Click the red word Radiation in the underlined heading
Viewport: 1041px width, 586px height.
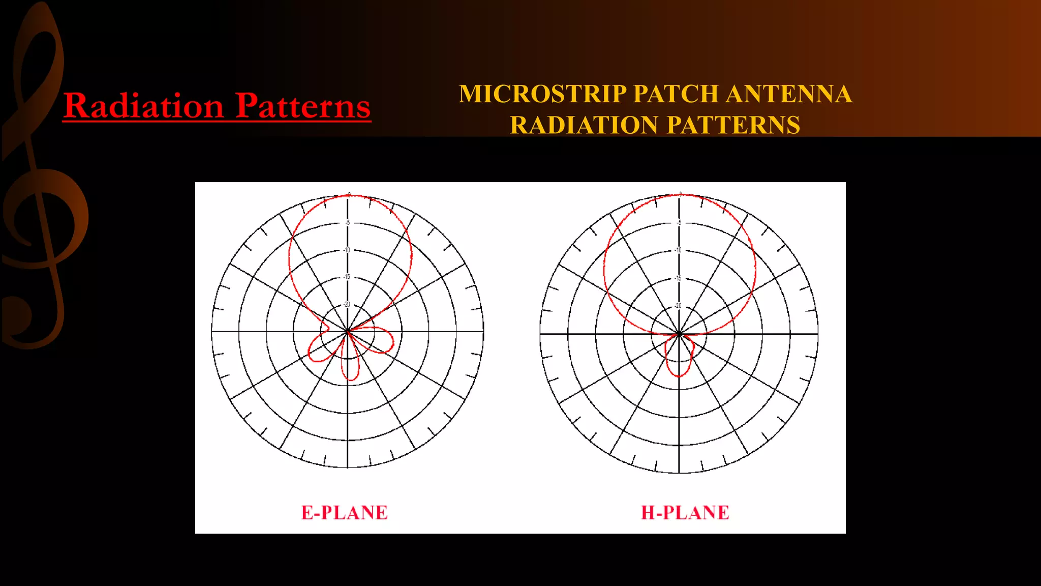tap(143, 106)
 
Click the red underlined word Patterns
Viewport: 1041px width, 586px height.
tap(303, 106)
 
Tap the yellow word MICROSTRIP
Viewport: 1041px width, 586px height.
tap(543, 94)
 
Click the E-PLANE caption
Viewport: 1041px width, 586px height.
tap(345, 513)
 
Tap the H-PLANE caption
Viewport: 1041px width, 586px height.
tap(685, 513)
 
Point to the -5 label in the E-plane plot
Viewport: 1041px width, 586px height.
tap(348, 223)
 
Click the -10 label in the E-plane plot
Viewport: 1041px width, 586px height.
tap(347, 250)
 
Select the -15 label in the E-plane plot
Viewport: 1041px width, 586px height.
tap(347, 277)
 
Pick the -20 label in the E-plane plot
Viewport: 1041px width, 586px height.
tap(347, 305)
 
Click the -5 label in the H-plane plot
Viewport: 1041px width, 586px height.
tap(679, 223)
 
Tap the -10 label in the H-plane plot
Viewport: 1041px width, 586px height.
tap(678, 250)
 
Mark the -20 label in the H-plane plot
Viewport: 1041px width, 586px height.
tap(678, 306)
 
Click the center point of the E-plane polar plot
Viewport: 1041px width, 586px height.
tap(348, 332)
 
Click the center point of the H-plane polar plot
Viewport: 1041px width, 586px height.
tap(679, 334)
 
